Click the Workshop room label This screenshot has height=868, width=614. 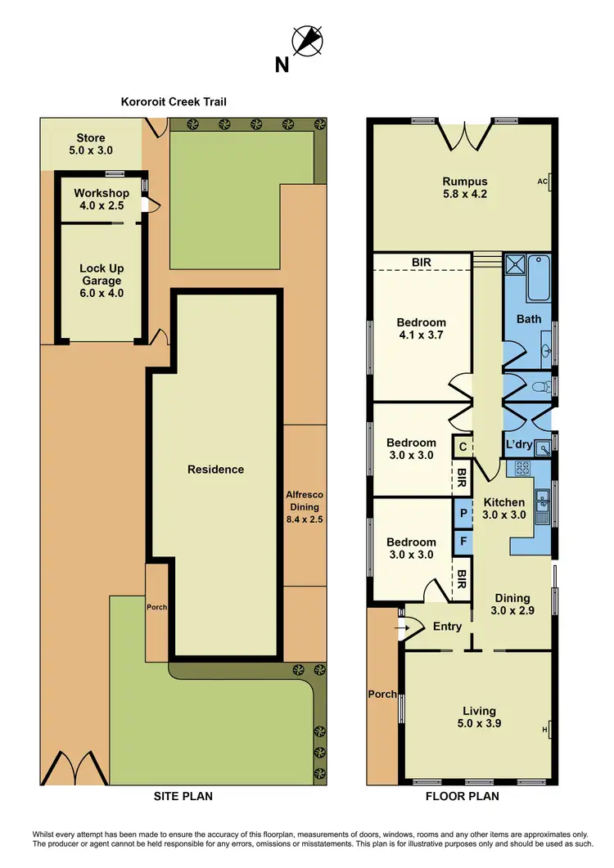(x=102, y=199)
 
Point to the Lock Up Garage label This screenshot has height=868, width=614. (x=102, y=281)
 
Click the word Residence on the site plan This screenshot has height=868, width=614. (x=215, y=470)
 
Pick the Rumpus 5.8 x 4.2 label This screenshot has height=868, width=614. (x=465, y=187)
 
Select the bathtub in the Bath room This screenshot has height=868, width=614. (x=540, y=278)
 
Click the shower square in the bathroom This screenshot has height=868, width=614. (x=516, y=264)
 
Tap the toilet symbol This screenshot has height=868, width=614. (x=540, y=386)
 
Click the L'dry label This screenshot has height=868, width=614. (x=519, y=444)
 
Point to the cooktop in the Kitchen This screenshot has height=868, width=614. (x=520, y=469)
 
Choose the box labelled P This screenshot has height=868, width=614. (x=463, y=513)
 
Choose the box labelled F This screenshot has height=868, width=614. (x=463, y=541)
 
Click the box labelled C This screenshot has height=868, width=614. (x=463, y=447)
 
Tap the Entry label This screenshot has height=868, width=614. (x=448, y=627)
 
